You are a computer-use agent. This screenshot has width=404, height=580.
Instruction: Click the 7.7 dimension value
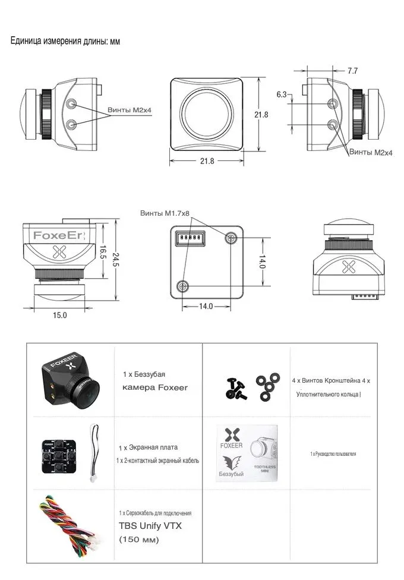pyautogui.click(x=352, y=70)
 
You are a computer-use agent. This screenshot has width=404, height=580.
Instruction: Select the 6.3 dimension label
pyautogui.click(x=282, y=94)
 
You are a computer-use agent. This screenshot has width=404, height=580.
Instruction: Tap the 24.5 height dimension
pyautogui.click(x=116, y=259)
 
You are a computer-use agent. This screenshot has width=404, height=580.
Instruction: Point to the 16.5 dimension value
pyautogui.click(x=103, y=253)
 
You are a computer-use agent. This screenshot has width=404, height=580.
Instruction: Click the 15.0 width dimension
pyautogui.click(x=59, y=315)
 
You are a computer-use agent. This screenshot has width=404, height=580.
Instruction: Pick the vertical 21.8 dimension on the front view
pyautogui.click(x=261, y=115)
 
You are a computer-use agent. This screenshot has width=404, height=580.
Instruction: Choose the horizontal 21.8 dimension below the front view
pyautogui.click(x=207, y=161)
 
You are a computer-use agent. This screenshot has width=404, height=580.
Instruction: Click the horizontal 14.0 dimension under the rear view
pyautogui.click(x=206, y=306)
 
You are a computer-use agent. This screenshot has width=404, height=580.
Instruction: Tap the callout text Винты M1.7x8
pyautogui.click(x=165, y=213)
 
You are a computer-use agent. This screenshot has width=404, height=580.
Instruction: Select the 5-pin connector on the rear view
pyautogui.click(x=190, y=237)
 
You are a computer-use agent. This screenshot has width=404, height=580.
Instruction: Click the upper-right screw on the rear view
pyautogui.click(x=231, y=238)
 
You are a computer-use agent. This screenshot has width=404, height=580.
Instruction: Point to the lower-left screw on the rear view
pyautogui.click(x=182, y=286)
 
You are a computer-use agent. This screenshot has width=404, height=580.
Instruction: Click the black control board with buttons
pyautogui.click(x=59, y=456)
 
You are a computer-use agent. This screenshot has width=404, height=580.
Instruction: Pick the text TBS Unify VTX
pyautogui.click(x=150, y=525)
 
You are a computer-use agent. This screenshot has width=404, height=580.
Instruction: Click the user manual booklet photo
pyautogui.click(x=247, y=453)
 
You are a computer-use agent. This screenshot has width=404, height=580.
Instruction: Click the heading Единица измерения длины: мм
pyautogui.click(x=65, y=40)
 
